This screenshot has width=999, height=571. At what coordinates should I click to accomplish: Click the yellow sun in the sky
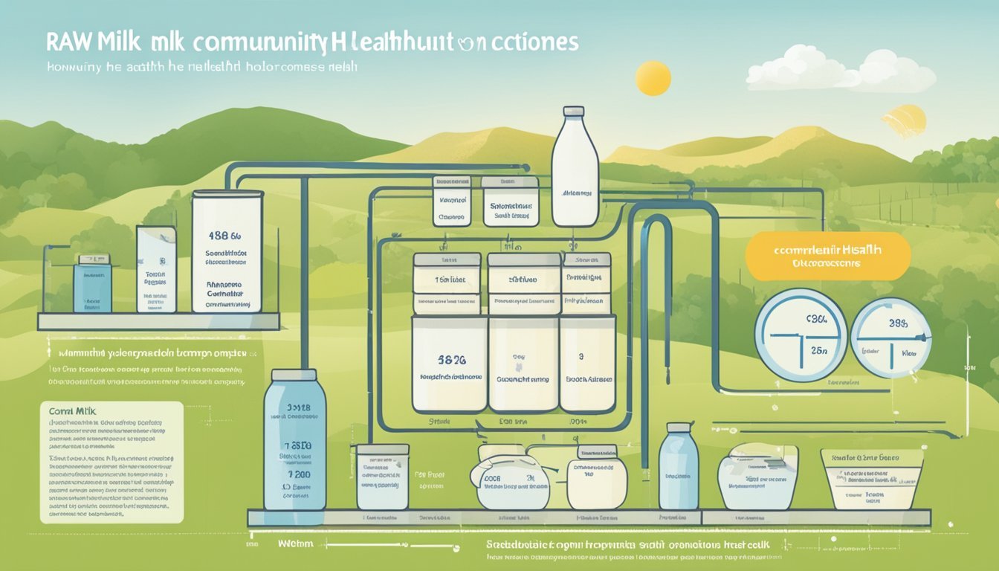coord(653,78)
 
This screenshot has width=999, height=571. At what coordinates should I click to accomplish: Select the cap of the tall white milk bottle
coord(574,112)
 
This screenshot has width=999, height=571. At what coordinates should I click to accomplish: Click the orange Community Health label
coord(827,256)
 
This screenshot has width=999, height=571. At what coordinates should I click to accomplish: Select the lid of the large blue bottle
coord(295,378)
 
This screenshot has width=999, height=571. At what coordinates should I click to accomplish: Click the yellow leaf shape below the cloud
coord(905,121)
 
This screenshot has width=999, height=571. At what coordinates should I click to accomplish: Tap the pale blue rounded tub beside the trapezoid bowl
coord(757,476)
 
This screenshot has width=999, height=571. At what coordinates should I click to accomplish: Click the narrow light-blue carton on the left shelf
coord(156,269)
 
